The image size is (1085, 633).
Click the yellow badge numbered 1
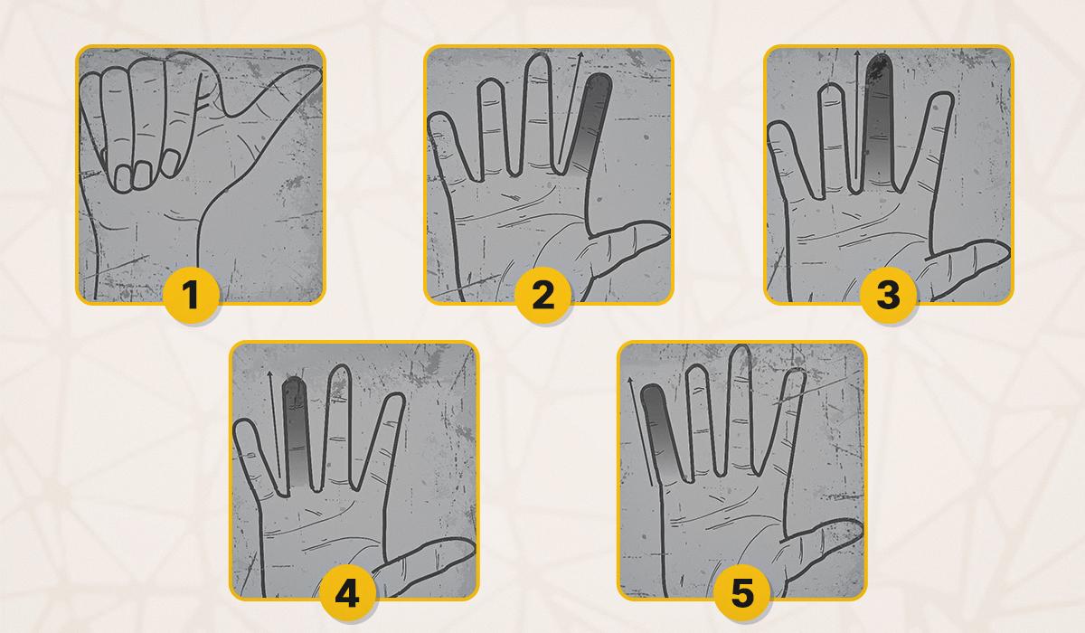[191, 295]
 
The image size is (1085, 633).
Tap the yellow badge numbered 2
[542, 295]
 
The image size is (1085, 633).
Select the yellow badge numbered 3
[888, 295]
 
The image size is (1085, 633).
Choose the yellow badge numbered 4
[347, 592]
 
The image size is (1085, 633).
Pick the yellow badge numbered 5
[742, 592]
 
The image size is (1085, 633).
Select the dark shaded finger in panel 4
[296, 431]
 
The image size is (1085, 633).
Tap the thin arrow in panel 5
[640, 431]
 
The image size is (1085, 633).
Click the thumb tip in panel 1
[314, 72]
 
